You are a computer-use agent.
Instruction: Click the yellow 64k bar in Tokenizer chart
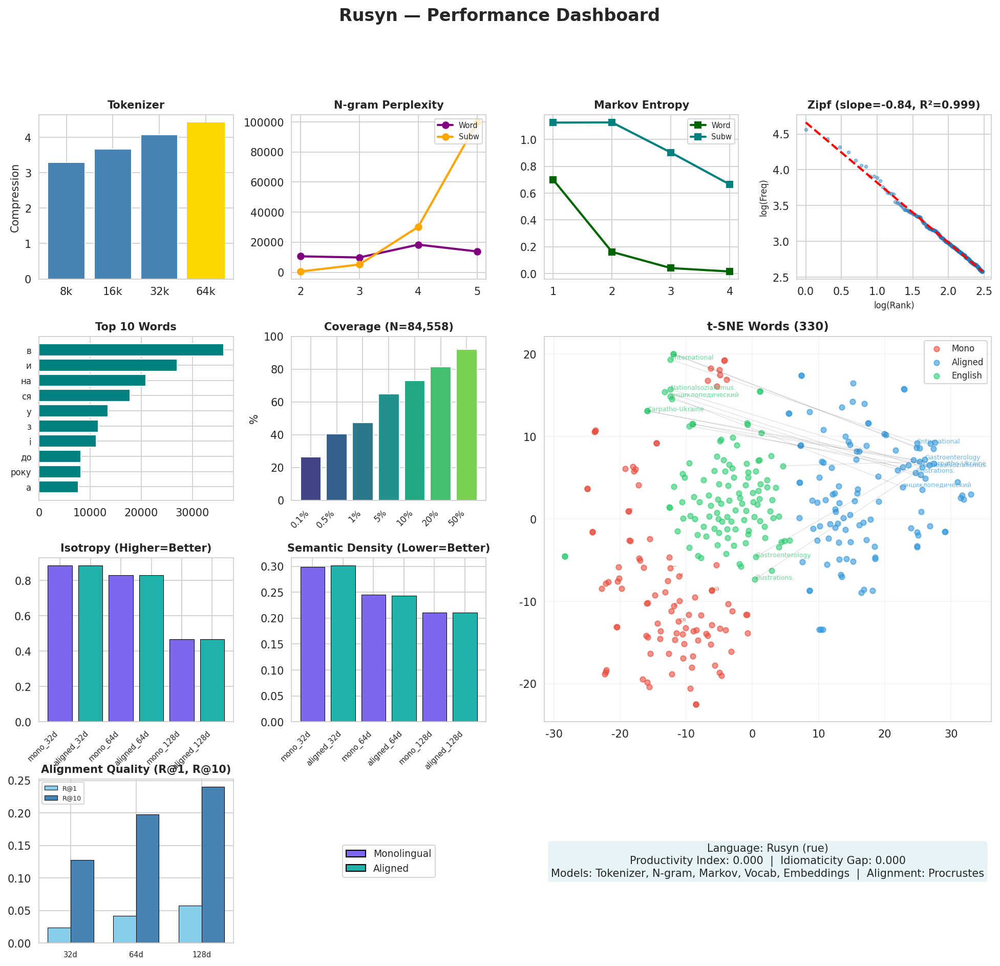[205, 201]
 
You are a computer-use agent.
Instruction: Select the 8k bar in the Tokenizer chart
[66, 221]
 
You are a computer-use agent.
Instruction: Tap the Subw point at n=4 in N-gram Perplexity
[418, 227]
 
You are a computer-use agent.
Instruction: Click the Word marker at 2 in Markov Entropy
[612, 252]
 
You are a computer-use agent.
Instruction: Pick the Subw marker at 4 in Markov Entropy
[730, 184]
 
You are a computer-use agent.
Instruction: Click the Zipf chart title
[893, 105]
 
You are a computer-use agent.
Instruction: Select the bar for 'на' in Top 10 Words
[92, 381]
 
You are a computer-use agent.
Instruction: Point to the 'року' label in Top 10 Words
[21, 472]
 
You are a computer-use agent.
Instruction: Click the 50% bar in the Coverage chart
[466, 425]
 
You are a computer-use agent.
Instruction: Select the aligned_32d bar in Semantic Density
[343, 644]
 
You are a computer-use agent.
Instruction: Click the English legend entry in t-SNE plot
[966, 375]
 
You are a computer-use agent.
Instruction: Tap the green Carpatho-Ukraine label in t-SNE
[676, 409]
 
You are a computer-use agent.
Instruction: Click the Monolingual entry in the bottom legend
[401, 853]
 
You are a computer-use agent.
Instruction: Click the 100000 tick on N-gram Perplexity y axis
[264, 122]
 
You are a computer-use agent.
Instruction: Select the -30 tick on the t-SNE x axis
[554, 733]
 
